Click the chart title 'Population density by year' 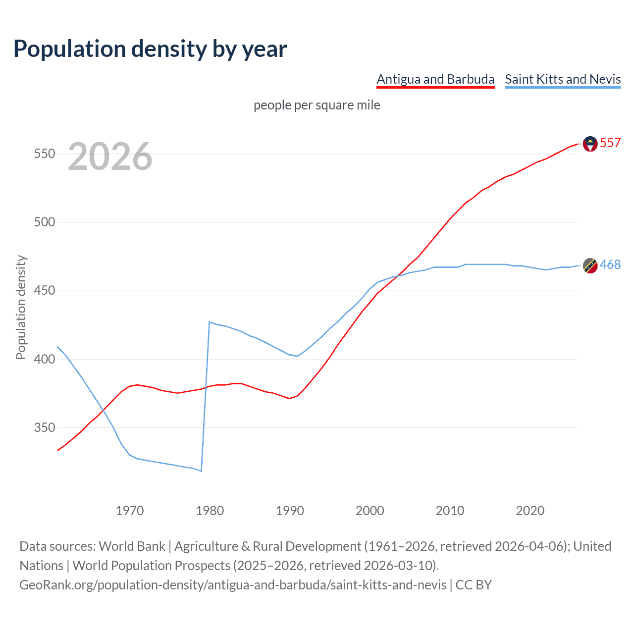tap(150, 49)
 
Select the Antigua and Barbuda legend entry tap(435, 79)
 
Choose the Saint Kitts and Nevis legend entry tap(563, 79)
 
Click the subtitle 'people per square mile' tap(317, 105)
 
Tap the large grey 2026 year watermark tap(110, 157)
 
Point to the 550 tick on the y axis tap(44, 154)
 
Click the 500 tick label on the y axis tap(44, 222)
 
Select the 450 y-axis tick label tap(44, 291)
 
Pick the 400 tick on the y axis tap(44, 359)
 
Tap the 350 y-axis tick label tap(44, 427)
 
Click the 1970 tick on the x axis tap(130, 511)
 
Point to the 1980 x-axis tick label tap(210, 511)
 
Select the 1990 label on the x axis tap(290, 511)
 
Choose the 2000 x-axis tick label tap(370, 511)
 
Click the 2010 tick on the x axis tap(450, 511)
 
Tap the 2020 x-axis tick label tap(530, 511)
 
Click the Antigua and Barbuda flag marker tap(590, 144)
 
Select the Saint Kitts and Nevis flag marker tap(590, 265)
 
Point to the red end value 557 tap(610, 143)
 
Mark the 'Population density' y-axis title tap(21, 307)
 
